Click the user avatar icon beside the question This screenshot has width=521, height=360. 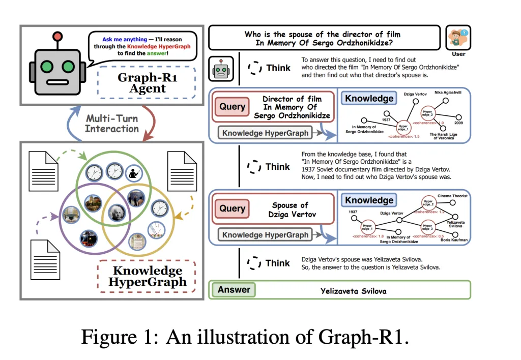tap(458, 38)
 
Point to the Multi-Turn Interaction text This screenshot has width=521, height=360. tap(112, 124)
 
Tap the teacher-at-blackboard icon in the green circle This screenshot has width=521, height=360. tap(135, 173)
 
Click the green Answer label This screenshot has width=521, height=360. tap(234, 290)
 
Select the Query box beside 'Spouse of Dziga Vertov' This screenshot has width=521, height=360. tap(232, 208)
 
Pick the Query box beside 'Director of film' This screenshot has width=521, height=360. tap(232, 107)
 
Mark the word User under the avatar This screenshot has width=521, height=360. tap(458, 54)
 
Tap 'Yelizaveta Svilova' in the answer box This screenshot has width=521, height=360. tap(353, 291)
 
